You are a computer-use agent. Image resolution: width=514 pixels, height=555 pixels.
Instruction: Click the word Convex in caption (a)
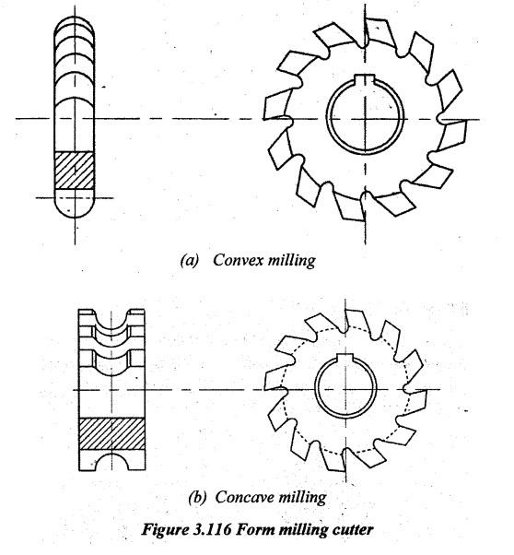tap(239, 260)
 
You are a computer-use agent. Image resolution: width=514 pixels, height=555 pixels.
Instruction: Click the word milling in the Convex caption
tap(291, 261)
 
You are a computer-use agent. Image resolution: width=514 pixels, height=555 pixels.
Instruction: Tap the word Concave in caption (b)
tap(241, 497)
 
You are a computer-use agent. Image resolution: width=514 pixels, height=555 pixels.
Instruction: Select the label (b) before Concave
tap(197, 497)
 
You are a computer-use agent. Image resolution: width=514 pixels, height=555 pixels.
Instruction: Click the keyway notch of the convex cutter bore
tap(365, 79)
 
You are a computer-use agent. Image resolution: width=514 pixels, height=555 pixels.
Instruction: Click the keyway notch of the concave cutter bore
tap(345, 358)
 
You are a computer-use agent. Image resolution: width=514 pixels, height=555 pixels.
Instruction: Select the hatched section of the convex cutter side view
tap(75, 170)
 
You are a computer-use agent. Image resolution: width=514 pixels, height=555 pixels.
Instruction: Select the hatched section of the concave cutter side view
tap(111, 434)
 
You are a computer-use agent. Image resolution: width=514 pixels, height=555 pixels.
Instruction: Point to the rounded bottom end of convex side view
tap(75, 211)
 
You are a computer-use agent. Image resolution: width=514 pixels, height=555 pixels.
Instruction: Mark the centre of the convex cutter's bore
tap(365, 119)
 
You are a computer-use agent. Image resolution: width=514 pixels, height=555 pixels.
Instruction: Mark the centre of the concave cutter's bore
tap(345, 389)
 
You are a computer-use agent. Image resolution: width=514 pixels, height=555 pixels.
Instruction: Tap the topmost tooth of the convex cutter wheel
tap(380, 32)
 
